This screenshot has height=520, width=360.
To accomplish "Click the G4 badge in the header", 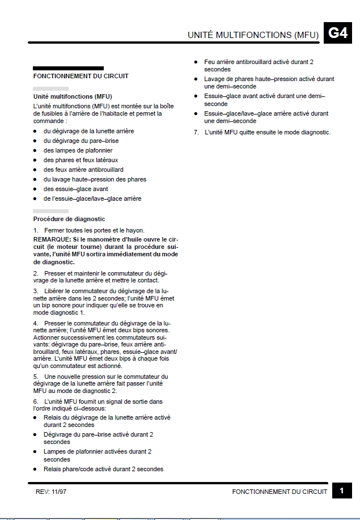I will (338, 33).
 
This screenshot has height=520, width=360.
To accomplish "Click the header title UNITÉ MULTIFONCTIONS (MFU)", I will (253, 35).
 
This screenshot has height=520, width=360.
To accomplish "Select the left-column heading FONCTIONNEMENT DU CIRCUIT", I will (81, 76).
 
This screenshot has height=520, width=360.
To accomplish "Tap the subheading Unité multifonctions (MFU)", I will (73, 96).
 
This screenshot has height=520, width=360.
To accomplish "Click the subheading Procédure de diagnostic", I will (69, 219).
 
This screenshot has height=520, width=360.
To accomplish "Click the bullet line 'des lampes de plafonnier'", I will (78, 150).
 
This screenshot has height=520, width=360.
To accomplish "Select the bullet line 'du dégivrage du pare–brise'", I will (81, 141).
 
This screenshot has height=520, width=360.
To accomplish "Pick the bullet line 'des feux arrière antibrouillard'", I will (83, 170).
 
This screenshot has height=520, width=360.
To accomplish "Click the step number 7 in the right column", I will (196, 133).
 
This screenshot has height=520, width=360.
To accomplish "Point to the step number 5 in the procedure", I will (36, 377).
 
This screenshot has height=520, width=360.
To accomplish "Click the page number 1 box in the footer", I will (342, 491).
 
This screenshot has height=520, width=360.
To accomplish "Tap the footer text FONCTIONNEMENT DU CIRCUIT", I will (279, 492).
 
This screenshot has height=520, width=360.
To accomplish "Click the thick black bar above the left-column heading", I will (68, 68).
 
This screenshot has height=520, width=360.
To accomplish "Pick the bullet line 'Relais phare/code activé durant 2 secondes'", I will (103, 469).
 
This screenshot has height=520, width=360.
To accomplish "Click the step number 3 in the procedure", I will (36, 291).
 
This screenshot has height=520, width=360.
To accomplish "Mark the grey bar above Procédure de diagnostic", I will (50, 211).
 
